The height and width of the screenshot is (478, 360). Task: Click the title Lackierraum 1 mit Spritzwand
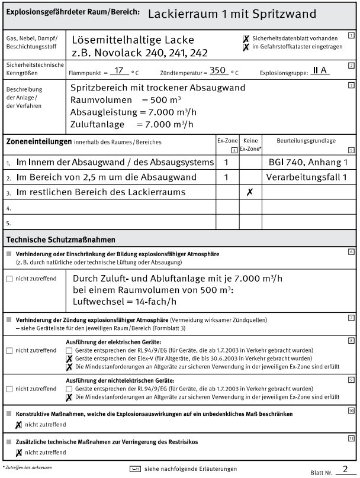pyautogui.click(x=232, y=13)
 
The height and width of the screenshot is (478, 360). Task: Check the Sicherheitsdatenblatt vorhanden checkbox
pyautogui.click(x=246, y=38)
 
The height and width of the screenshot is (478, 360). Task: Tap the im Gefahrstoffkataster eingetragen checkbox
pyautogui.click(x=246, y=46)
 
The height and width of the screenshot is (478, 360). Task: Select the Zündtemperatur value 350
pyautogui.click(x=218, y=70)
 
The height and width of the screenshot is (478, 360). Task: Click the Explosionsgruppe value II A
pyautogui.click(x=320, y=70)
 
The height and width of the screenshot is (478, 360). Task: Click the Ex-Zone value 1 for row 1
pyautogui.click(x=226, y=162)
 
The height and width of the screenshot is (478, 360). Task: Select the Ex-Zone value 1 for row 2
pyautogui.click(x=226, y=177)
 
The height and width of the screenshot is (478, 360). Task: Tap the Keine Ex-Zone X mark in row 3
pyautogui.click(x=250, y=192)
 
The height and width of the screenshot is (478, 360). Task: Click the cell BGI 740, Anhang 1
pyautogui.click(x=308, y=162)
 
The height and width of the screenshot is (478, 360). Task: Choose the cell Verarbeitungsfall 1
pyautogui.click(x=307, y=177)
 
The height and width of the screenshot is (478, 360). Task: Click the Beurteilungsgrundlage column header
pyautogui.click(x=306, y=141)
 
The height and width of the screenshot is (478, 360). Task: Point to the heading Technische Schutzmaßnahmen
pyautogui.click(x=60, y=239)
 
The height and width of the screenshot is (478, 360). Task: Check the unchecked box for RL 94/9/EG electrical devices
pyautogui.click(x=70, y=350)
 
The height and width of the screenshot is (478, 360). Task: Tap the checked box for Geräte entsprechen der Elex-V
pyautogui.click(x=70, y=358)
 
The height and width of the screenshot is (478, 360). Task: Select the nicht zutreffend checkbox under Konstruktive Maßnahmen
pyautogui.click(x=19, y=425)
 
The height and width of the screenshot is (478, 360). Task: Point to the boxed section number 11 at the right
pyautogui.click(x=351, y=438)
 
